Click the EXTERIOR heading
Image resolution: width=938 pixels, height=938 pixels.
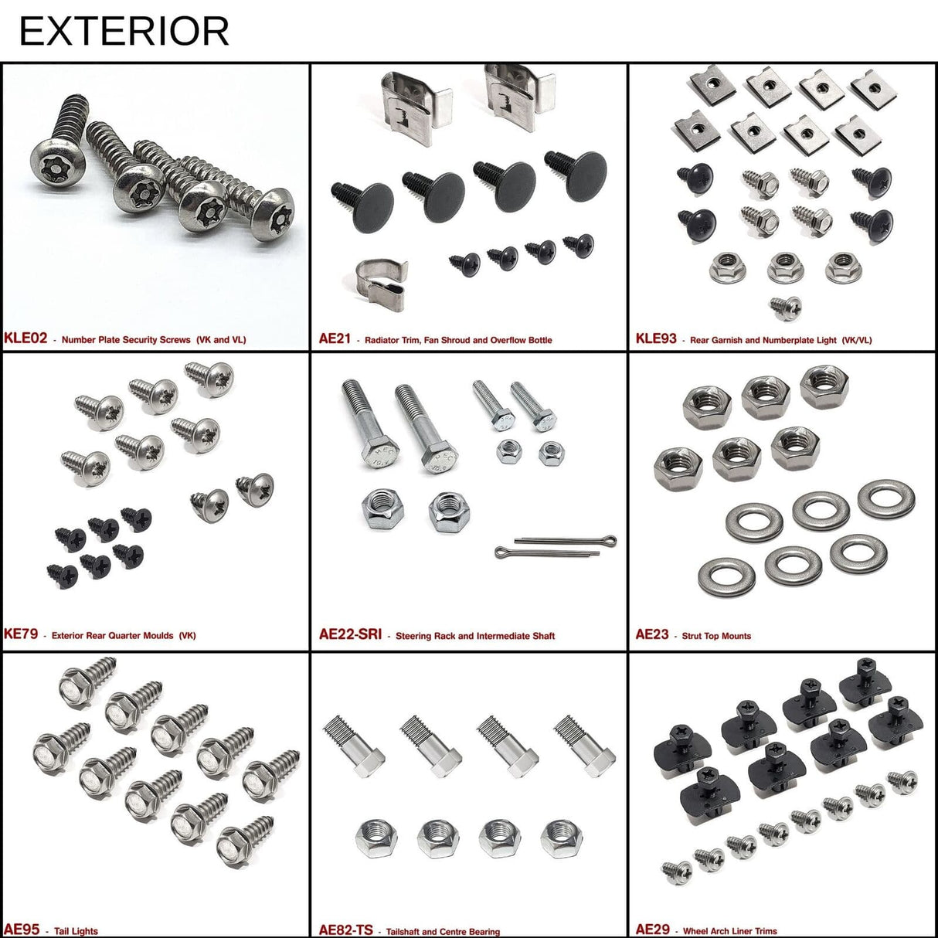(x=124, y=31)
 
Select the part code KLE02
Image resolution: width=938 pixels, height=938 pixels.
(x=25, y=338)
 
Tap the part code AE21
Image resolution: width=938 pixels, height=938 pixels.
(x=335, y=338)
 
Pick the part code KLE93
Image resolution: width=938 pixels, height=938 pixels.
(x=655, y=338)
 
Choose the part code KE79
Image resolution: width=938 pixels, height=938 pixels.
(x=21, y=634)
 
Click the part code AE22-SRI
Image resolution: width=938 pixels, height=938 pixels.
(x=350, y=635)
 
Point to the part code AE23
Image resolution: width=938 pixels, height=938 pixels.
(x=652, y=634)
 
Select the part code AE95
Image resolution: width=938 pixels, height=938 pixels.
(x=22, y=930)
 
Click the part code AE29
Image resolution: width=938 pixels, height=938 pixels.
(x=652, y=930)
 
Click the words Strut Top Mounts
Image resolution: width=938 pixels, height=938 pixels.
(x=716, y=636)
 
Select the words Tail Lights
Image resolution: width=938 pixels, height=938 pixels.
(x=76, y=931)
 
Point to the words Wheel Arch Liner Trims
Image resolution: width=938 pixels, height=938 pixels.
(x=730, y=931)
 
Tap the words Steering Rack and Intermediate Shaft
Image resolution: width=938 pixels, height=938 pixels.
(x=475, y=636)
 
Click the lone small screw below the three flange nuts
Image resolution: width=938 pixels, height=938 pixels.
(x=786, y=308)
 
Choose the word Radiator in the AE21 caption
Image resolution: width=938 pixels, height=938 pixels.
(x=384, y=340)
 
